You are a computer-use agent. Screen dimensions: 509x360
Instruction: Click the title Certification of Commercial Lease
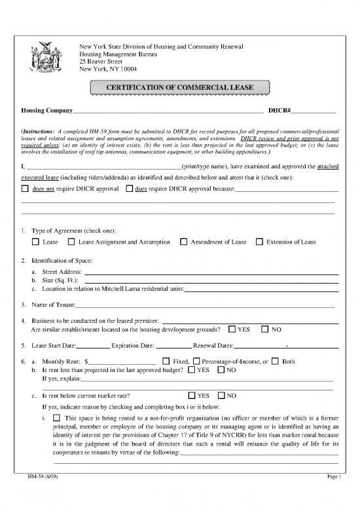pos(179,87)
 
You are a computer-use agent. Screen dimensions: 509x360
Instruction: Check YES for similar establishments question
pos(232,329)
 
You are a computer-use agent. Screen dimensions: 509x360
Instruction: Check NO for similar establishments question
pos(266,329)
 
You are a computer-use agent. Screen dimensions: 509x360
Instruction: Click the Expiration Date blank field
pos(173,345)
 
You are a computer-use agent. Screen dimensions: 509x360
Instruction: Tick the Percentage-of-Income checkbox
pos(197,362)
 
